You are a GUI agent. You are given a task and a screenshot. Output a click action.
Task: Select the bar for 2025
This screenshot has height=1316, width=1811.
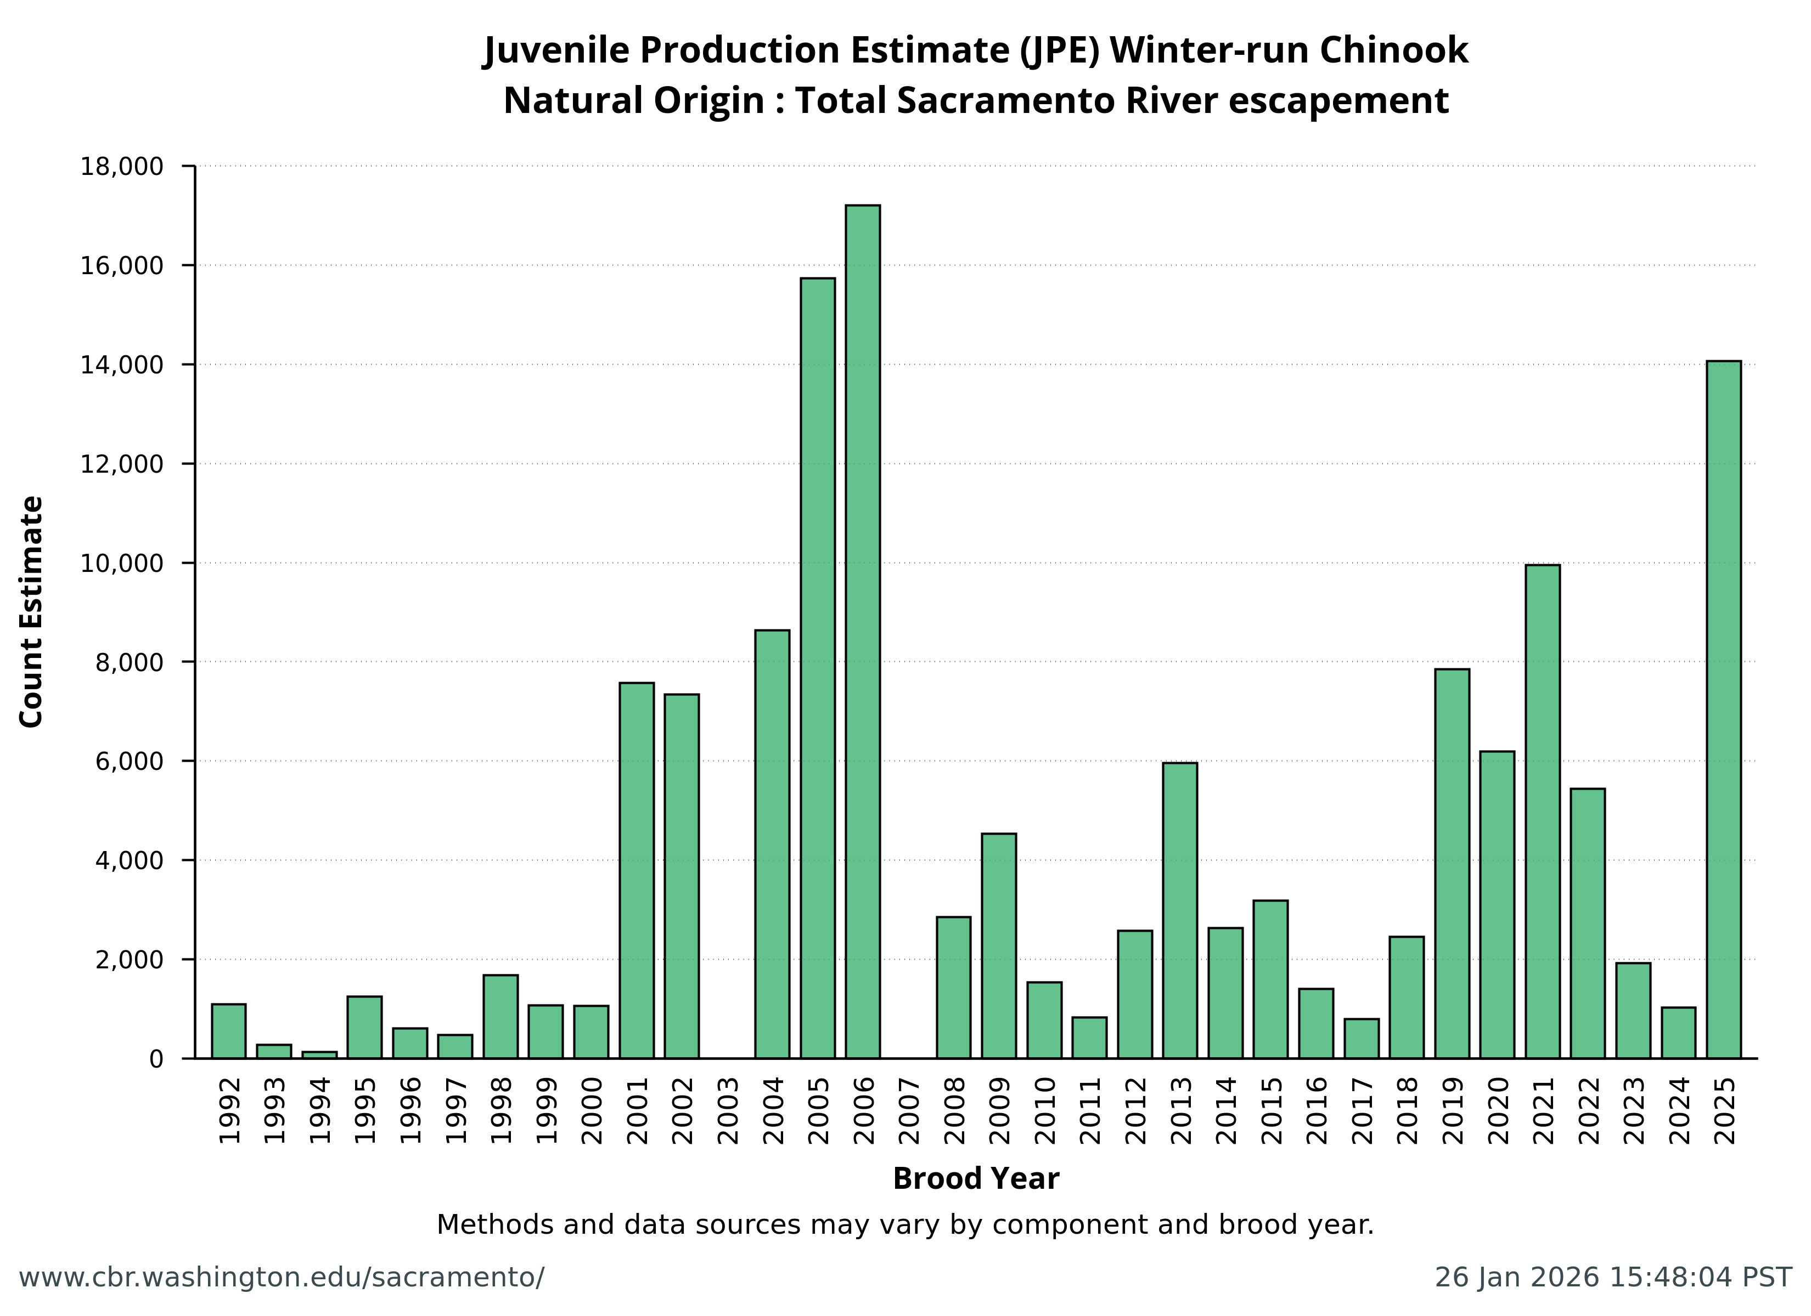[x=1723, y=710]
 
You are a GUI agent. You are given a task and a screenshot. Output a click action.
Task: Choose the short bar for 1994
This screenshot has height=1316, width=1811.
[x=319, y=1054]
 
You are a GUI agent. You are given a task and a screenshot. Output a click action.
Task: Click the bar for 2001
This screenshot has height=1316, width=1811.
[x=637, y=870]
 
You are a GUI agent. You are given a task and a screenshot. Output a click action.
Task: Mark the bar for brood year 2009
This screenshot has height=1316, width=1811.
[x=998, y=946]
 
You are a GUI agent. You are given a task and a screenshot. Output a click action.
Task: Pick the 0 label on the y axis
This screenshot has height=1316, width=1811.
[x=156, y=1059]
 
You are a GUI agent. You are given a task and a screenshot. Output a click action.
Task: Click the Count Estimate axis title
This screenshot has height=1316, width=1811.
[x=31, y=611]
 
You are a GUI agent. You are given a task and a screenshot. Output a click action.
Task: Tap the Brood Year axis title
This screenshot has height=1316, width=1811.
[x=975, y=1179]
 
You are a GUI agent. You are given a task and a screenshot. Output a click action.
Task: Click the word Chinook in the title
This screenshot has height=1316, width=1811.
[x=1393, y=50]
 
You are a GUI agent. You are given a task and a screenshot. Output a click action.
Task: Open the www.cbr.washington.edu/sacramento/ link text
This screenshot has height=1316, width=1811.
[x=281, y=1277]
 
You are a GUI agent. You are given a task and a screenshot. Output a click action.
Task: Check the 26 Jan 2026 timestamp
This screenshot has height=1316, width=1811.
[x=1613, y=1277]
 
